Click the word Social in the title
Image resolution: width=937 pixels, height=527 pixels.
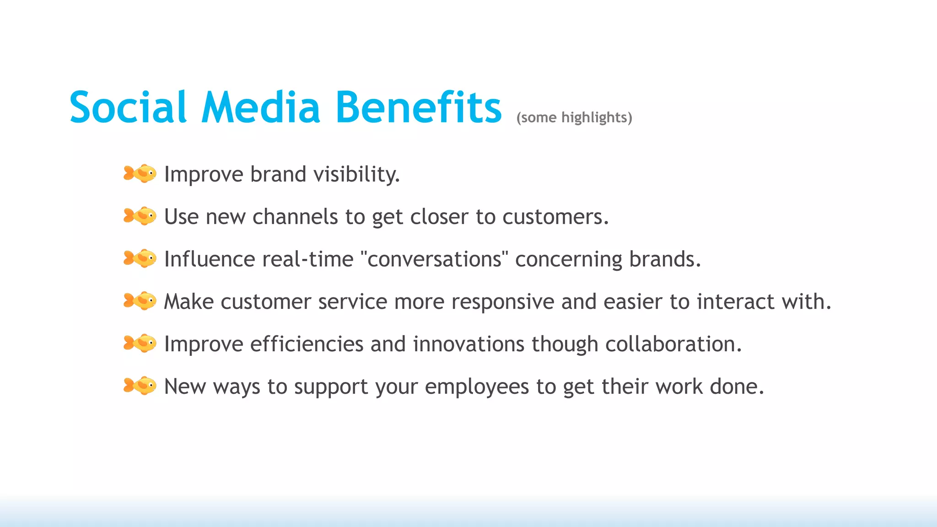[x=128, y=108]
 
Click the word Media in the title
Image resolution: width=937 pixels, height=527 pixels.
[x=261, y=108]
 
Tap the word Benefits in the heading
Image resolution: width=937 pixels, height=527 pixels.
[x=419, y=108]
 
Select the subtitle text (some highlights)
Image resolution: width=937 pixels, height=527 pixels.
[x=574, y=118]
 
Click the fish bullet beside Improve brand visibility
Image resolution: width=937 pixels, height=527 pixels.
[x=140, y=174]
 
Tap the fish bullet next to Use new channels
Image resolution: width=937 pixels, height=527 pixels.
[x=140, y=216]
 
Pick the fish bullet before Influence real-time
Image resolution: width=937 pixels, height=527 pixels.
[x=140, y=258]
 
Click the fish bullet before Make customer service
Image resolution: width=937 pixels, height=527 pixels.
[x=140, y=301]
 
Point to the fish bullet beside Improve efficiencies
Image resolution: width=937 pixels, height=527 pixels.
[x=140, y=344]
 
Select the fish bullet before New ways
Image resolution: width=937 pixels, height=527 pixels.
[x=140, y=386]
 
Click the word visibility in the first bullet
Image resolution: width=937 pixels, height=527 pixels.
[x=356, y=174]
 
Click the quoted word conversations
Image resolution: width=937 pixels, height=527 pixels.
[x=435, y=259]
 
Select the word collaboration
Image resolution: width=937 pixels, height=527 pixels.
[x=673, y=344]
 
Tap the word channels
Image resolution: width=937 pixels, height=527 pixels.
[x=295, y=217]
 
